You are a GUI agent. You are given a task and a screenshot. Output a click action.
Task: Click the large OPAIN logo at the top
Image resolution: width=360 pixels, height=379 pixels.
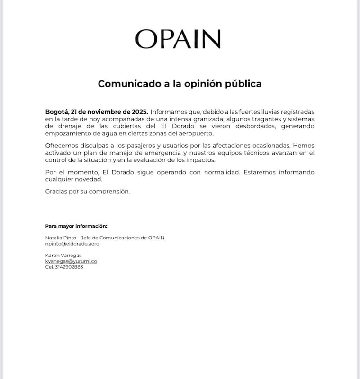178,39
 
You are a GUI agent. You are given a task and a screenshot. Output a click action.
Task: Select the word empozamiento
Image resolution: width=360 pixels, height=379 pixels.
66,133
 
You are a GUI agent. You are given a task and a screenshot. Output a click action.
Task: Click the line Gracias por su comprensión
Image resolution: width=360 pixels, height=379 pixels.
87,192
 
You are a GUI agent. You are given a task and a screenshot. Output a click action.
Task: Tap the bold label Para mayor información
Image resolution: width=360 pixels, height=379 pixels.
76,226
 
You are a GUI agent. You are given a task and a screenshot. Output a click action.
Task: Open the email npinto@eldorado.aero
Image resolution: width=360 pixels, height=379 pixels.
72,244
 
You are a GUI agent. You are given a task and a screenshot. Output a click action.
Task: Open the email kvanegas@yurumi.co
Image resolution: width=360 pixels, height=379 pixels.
71,261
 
